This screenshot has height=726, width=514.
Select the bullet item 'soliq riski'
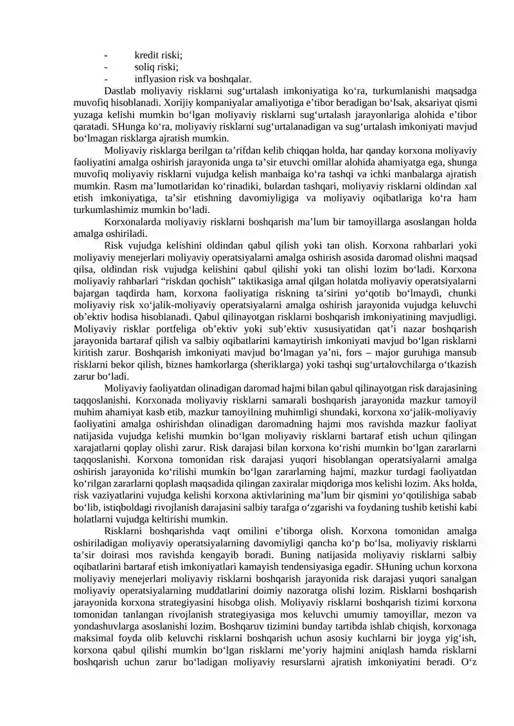click(x=156, y=67)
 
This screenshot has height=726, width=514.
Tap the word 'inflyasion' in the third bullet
click(x=155, y=79)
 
